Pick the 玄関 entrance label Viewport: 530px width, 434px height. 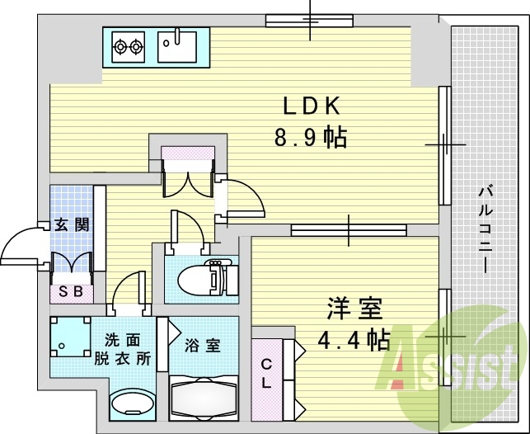pos(72,224)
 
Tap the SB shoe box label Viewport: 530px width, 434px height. pos(71,291)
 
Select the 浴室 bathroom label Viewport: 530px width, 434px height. pos(202,346)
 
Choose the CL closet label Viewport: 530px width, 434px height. pos(267,373)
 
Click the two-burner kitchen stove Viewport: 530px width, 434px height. pos(129,47)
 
